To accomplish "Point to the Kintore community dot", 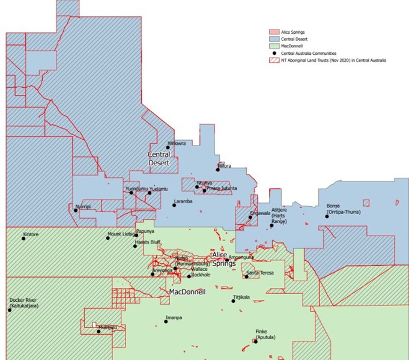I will click(x=24, y=239).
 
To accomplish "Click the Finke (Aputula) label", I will click(x=265, y=336).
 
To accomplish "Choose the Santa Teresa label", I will click(x=260, y=273).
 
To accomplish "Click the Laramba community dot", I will click(x=174, y=206).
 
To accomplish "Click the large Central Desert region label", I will click(x=159, y=159).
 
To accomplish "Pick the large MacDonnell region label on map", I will click(x=188, y=291).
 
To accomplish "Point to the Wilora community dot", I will click(x=218, y=169).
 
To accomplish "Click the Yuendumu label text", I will click(x=136, y=189).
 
